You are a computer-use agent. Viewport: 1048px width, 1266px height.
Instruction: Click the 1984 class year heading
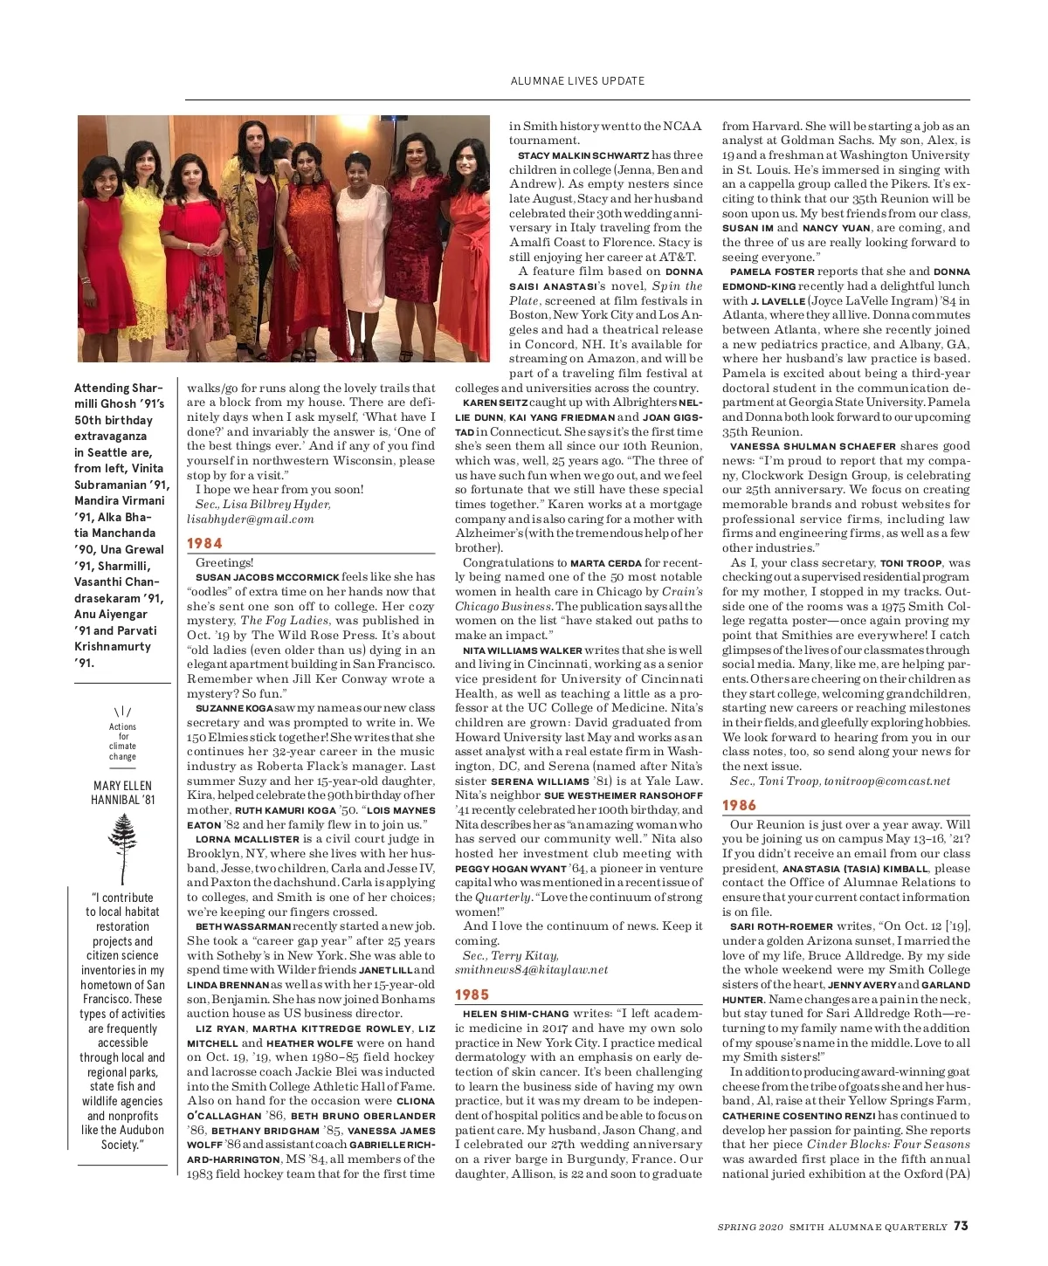point(204,543)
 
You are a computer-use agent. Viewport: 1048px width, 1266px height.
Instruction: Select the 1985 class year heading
point(472,994)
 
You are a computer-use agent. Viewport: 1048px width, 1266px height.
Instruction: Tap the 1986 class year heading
point(739,805)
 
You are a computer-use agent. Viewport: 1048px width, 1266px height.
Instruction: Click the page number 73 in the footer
point(961,1226)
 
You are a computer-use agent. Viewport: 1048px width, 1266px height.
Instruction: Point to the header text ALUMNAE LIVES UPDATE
point(577,81)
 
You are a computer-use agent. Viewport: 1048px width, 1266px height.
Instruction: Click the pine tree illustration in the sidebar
point(123,847)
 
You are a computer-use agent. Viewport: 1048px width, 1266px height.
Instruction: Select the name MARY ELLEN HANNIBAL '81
point(123,792)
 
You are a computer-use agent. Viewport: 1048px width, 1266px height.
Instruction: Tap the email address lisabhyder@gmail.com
point(250,519)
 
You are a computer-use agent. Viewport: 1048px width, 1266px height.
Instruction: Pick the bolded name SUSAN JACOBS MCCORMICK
point(266,577)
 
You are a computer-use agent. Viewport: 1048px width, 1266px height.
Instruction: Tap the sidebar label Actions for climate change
point(122,741)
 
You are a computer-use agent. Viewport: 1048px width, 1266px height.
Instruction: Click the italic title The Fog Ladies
point(285,621)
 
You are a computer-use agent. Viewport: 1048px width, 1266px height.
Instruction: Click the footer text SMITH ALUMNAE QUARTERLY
point(868,1227)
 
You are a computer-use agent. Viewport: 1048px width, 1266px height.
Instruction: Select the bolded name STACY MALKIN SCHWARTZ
point(583,155)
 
